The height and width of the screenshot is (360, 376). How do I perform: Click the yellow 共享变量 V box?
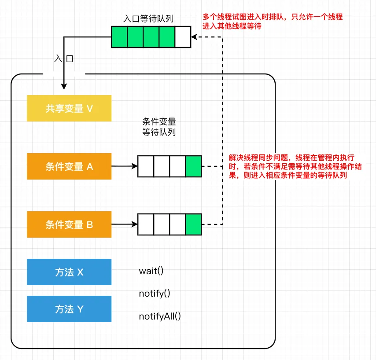tap(69, 108)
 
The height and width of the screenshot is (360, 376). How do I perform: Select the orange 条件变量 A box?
tap(69, 166)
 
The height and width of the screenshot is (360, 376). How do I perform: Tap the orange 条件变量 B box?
tap(69, 224)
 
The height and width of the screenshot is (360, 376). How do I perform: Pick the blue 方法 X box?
tap(69, 272)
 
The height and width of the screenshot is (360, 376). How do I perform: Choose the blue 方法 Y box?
tap(69, 309)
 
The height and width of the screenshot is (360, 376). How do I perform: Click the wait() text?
tap(151, 271)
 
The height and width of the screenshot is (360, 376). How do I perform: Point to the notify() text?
tap(155, 294)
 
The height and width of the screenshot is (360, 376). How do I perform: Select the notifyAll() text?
tap(160, 316)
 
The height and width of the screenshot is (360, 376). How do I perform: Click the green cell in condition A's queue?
tap(193, 166)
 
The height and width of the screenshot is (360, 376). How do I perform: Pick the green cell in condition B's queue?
tap(193, 224)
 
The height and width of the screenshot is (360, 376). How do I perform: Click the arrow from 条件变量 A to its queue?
tap(124, 166)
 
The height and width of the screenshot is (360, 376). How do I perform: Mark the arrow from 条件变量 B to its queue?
tap(124, 224)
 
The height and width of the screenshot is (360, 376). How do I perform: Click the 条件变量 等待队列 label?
tap(159, 127)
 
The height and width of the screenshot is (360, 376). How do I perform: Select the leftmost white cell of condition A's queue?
tap(146, 166)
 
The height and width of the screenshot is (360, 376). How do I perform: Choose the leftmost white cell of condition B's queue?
tap(146, 224)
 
